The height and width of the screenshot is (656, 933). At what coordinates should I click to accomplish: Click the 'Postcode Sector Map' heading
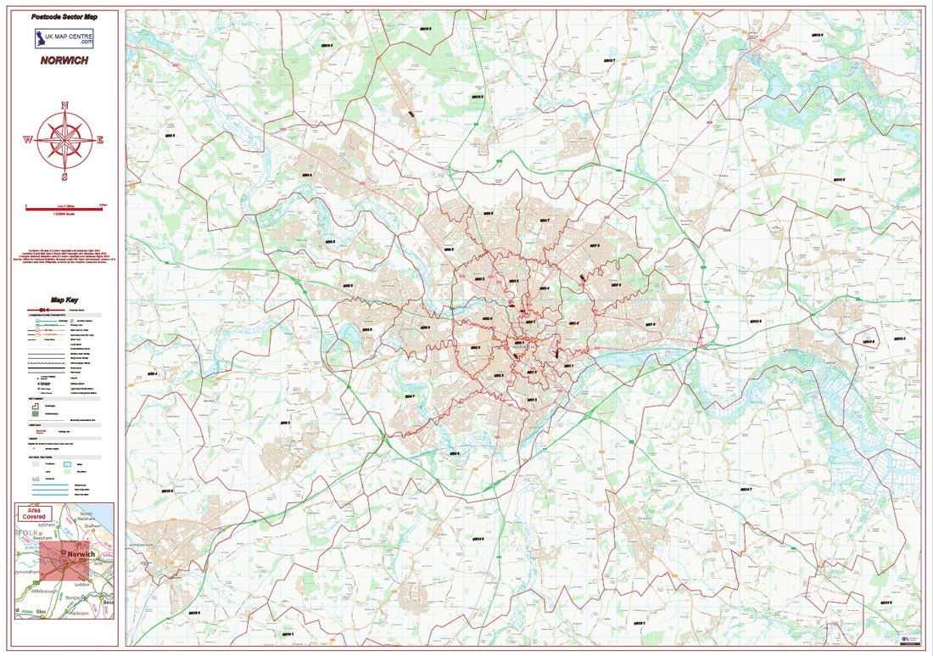pos(64,17)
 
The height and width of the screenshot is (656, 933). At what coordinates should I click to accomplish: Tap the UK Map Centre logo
pos(64,38)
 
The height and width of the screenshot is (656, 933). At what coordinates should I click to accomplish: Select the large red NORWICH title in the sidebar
pos(64,61)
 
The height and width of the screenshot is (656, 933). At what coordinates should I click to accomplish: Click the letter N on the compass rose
pos(65,105)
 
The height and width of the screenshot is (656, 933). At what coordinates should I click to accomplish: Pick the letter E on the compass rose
pos(101,140)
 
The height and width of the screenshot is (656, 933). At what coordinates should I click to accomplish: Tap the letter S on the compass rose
pos(65,177)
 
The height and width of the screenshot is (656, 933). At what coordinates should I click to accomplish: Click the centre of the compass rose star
pos(65,140)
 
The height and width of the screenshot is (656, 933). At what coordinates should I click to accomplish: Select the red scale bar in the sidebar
pos(64,207)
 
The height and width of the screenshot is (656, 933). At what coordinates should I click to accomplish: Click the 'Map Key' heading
pos(64,300)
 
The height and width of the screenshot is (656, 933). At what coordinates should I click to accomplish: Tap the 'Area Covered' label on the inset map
pos(36,513)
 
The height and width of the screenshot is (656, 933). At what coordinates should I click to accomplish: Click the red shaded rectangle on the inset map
pos(64,561)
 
